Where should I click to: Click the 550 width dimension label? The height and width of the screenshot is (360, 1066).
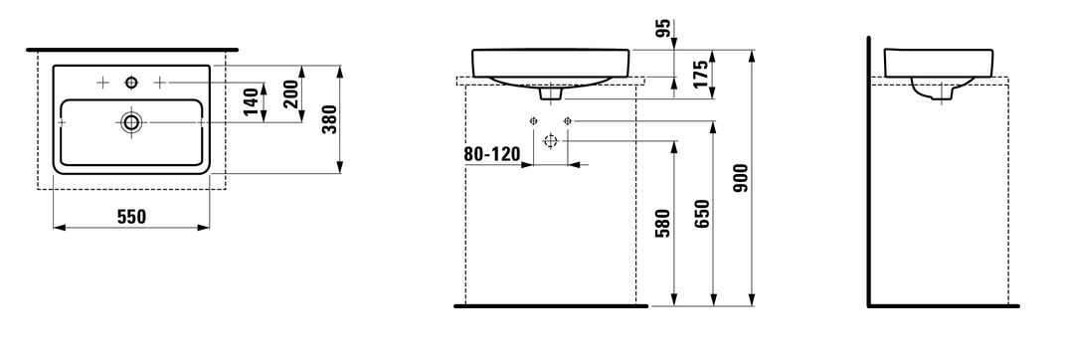132,217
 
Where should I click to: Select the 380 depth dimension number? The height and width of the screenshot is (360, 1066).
330,119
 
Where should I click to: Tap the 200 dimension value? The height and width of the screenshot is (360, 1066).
291,93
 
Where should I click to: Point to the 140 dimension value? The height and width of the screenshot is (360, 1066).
251,102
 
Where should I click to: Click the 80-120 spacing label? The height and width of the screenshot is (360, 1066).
492,154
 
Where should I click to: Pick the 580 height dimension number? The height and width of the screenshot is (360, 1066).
663,223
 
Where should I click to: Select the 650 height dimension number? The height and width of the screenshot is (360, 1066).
702,214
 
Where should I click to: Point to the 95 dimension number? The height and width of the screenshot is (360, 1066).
663,28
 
